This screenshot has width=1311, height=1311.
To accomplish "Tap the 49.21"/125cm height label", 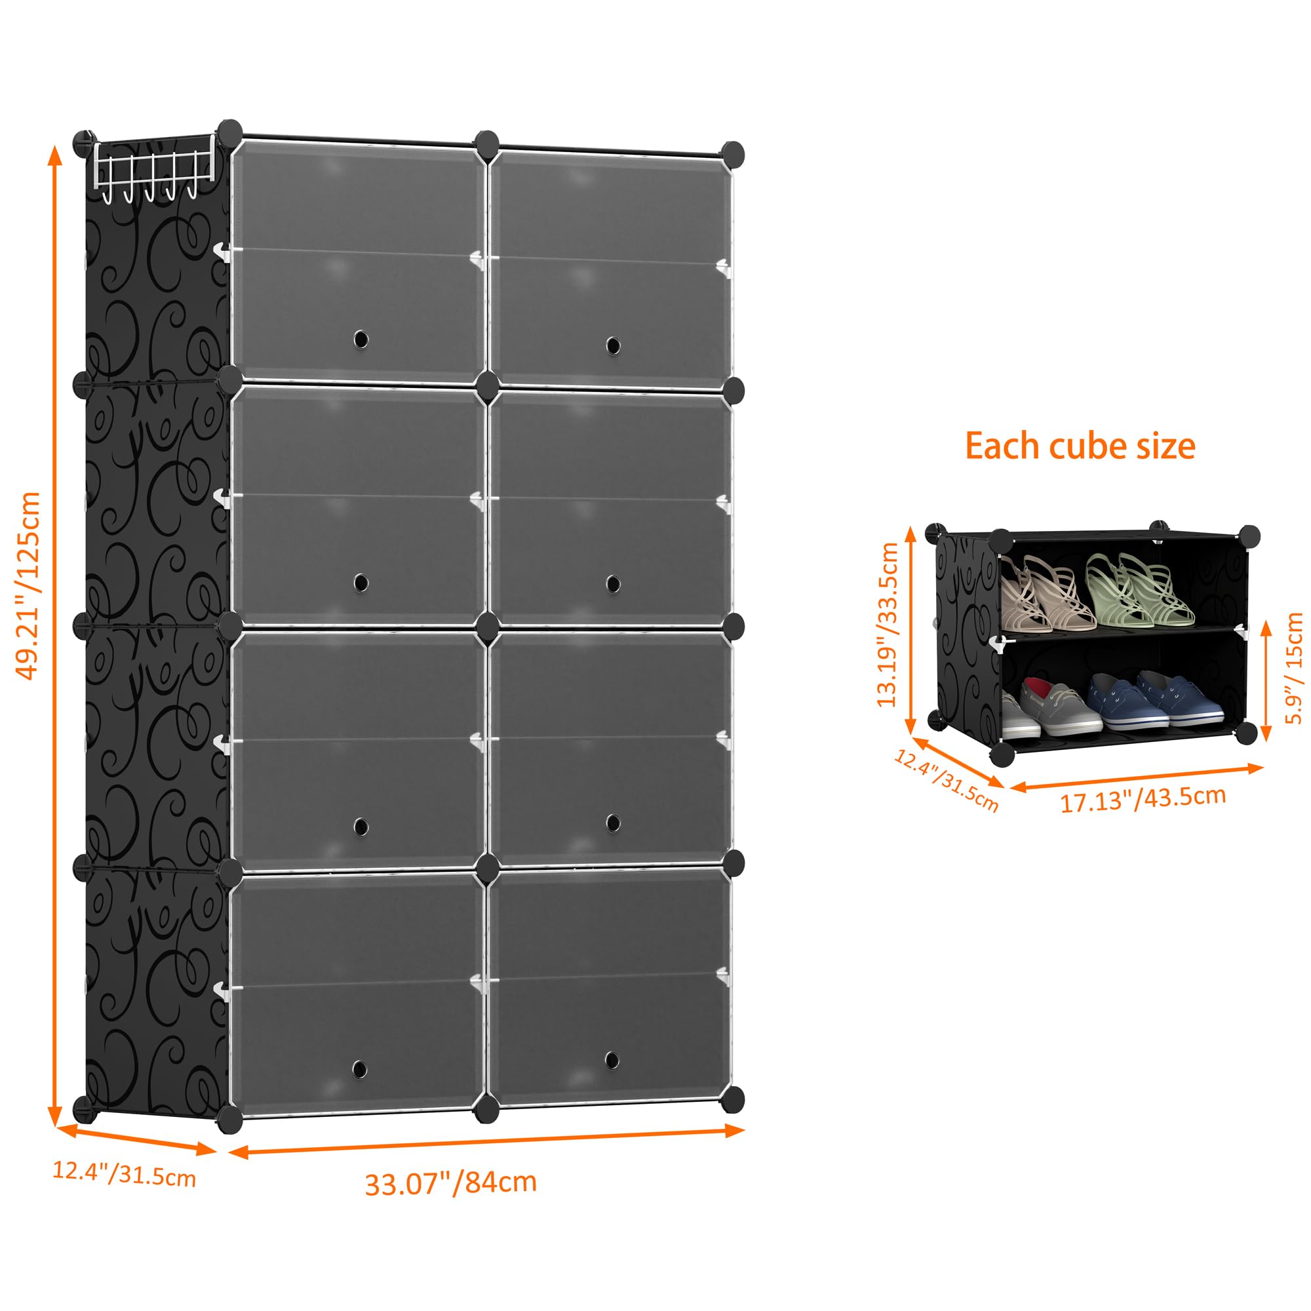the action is pos(28,586).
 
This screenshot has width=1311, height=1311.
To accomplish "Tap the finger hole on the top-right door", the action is pos(613,345).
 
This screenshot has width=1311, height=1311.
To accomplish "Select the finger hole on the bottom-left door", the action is pos(360,1069).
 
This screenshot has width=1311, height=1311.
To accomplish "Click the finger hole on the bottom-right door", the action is pos(612,1059).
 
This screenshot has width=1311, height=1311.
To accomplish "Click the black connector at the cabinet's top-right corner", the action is pos(732,154).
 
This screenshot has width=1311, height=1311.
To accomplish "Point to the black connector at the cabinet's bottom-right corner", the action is pos(732,1101).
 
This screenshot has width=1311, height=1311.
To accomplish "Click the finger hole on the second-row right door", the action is pos(613,583).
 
